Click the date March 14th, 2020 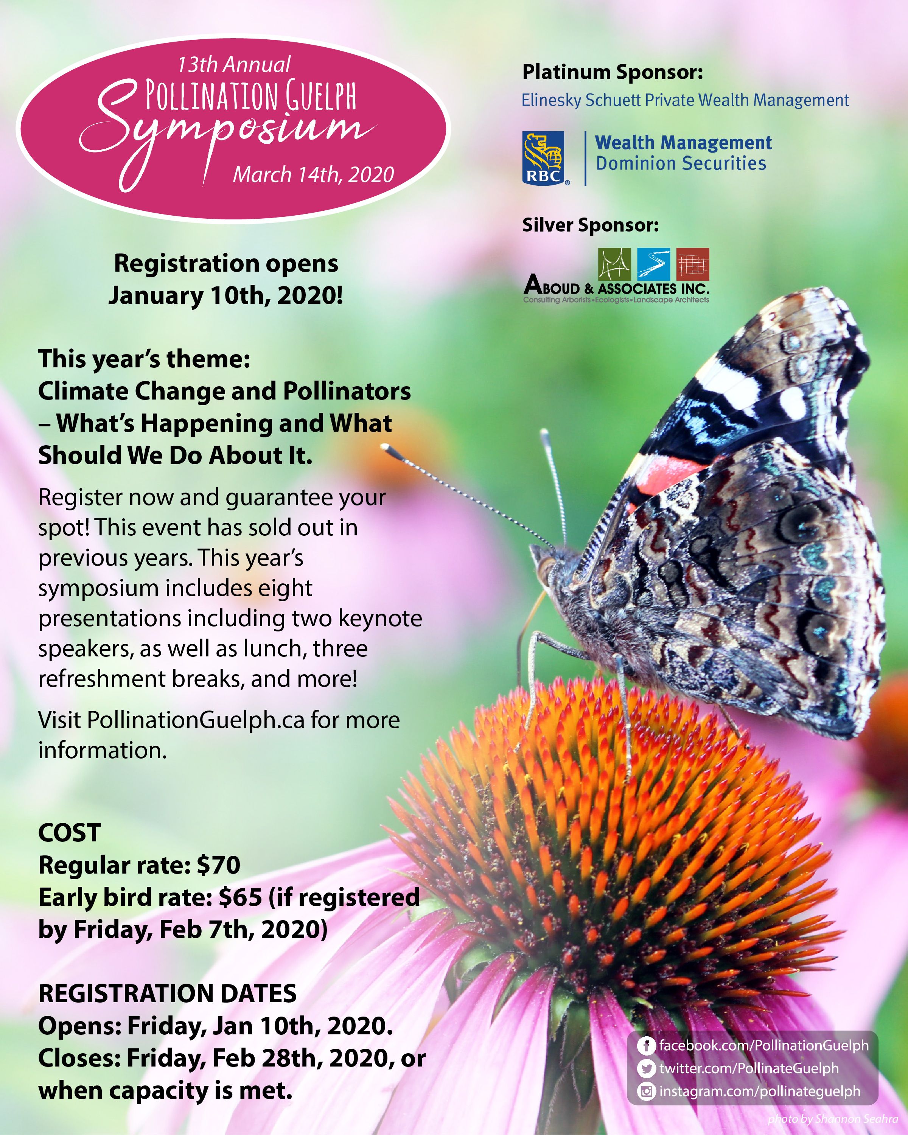click(x=313, y=174)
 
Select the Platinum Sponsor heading click(x=612, y=72)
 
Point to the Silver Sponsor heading click(x=590, y=225)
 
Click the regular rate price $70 click(x=218, y=865)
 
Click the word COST click(x=70, y=833)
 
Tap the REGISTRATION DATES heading click(x=167, y=994)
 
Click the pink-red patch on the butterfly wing click(x=667, y=473)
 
